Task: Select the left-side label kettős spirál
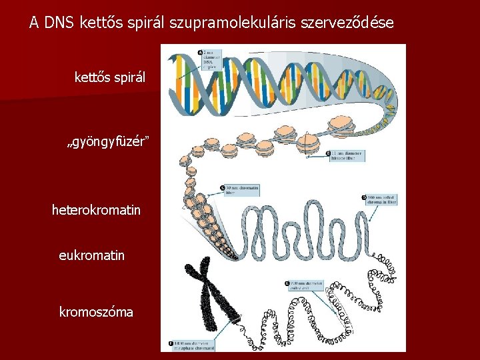(x=109, y=79)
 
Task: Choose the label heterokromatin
(x=96, y=210)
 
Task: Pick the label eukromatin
(x=91, y=255)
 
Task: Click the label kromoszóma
(x=96, y=311)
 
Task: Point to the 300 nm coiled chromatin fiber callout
(x=381, y=199)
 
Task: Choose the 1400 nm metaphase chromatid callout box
(x=193, y=345)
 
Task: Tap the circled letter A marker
(x=201, y=52)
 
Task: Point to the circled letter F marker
(x=170, y=344)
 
